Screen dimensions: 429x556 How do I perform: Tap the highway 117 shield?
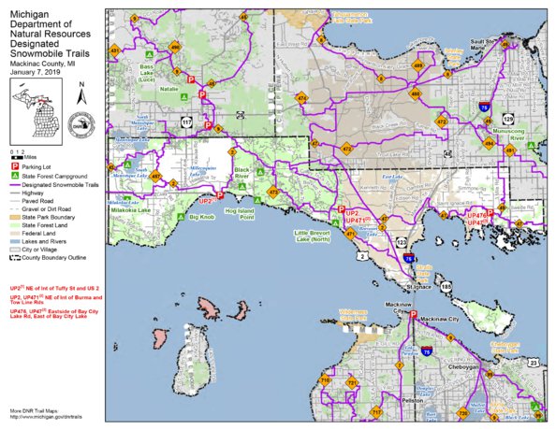[186, 121]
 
